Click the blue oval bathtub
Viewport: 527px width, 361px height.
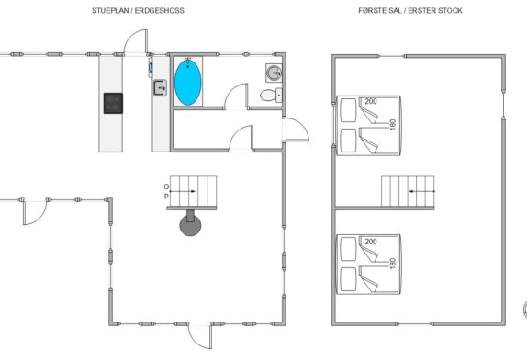(x=188, y=82)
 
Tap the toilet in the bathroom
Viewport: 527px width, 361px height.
(x=271, y=96)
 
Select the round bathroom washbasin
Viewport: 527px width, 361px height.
(x=274, y=73)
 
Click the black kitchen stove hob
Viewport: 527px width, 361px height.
(x=113, y=103)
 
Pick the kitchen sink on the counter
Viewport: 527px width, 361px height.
(x=160, y=88)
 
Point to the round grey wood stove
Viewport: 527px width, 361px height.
(x=190, y=224)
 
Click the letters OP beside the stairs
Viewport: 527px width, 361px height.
(x=166, y=191)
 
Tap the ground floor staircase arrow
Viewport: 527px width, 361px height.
(x=183, y=191)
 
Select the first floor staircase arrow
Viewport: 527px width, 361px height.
(x=421, y=191)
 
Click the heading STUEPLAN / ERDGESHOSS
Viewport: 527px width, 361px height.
(x=138, y=11)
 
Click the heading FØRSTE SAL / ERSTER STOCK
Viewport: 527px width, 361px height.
(x=410, y=11)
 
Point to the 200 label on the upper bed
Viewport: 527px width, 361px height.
(x=371, y=101)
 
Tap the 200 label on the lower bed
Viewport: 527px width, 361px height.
(x=371, y=242)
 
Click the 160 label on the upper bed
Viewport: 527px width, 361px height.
(x=393, y=124)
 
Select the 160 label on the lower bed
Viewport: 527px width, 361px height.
(x=393, y=264)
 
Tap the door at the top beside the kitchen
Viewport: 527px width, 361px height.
(x=136, y=41)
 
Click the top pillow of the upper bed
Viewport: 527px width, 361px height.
(x=348, y=110)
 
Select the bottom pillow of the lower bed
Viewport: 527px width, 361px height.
(x=348, y=279)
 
